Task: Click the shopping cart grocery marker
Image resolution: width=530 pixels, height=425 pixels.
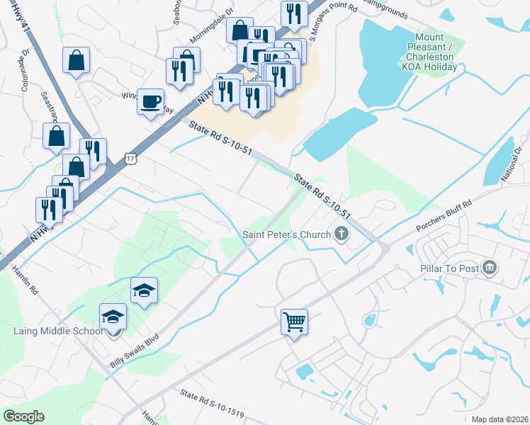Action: point(294,322)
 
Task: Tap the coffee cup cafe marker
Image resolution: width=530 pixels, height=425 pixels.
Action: point(150,101)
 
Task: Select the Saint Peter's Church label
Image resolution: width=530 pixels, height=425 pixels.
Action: point(286,234)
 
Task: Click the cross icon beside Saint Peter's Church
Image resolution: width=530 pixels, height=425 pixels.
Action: point(342,234)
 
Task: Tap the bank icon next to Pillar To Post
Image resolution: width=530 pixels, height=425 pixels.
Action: point(489,267)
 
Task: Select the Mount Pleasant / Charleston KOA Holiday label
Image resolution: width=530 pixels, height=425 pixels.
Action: point(430,52)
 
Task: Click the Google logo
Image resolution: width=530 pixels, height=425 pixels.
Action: point(24,416)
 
